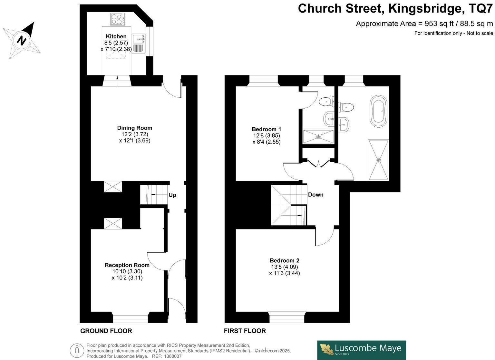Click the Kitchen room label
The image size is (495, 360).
click(x=116, y=36)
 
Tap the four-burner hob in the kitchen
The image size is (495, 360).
click(x=118, y=19)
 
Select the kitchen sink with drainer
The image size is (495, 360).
click(x=139, y=43)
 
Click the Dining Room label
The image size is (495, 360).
click(x=134, y=128)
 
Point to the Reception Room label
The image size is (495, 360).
click(x=127, y=265)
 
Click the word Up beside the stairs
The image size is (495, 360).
click(x=172, y=195)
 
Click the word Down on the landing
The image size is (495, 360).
click(x=315, y=195)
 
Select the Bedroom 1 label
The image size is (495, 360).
click(x=266, y=129)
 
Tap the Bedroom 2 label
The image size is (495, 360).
click(x=284, y=260)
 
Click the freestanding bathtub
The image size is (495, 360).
click(x=378, y=111)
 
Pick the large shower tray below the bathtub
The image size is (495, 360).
click(x=379, y=160)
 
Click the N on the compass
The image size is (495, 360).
click(x=22, y=41)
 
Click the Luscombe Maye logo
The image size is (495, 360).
click(x=361, y=350)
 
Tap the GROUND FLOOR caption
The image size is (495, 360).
click(x=106, y=331)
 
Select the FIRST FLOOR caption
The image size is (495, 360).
click(x=245, y=331)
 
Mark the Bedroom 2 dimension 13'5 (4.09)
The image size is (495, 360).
click(x=284, y=267)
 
